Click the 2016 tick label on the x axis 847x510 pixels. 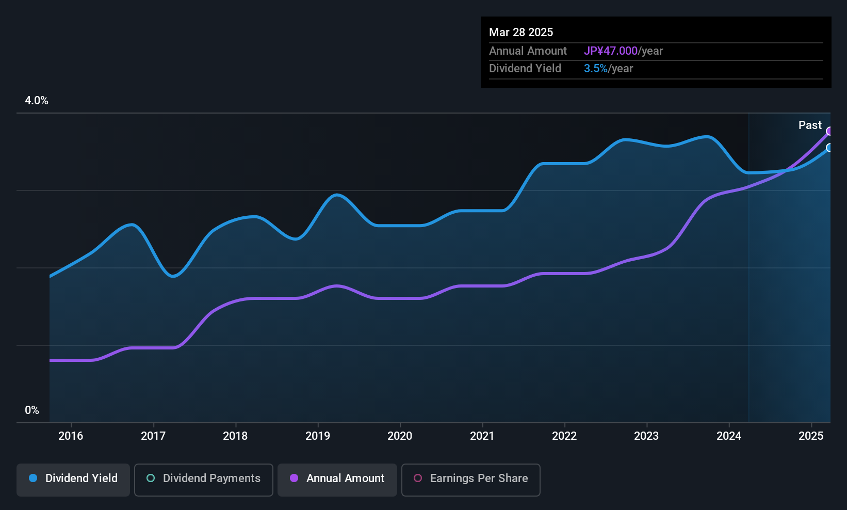pos(71,436)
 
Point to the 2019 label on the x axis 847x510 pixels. pos(317,436)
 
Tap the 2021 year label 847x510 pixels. pos(482,436)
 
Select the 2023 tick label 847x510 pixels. pos(646,436)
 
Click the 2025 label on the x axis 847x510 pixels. pos(810,436)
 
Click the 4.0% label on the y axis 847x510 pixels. pos(37,101)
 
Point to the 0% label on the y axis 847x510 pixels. pos(32,410)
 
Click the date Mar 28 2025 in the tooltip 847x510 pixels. pos(521,32)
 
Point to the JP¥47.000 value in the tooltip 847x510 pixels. pos(611,51)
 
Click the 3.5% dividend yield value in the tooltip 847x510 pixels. pos(595,68)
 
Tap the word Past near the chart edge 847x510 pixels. pos(810,125)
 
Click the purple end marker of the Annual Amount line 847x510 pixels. pos(829,131)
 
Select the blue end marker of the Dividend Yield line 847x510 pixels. pos(829,148)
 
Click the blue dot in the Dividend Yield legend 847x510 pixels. pos(33,478)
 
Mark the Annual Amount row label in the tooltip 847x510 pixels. pos(528,51)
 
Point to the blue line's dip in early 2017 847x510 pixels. pos(173,276)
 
